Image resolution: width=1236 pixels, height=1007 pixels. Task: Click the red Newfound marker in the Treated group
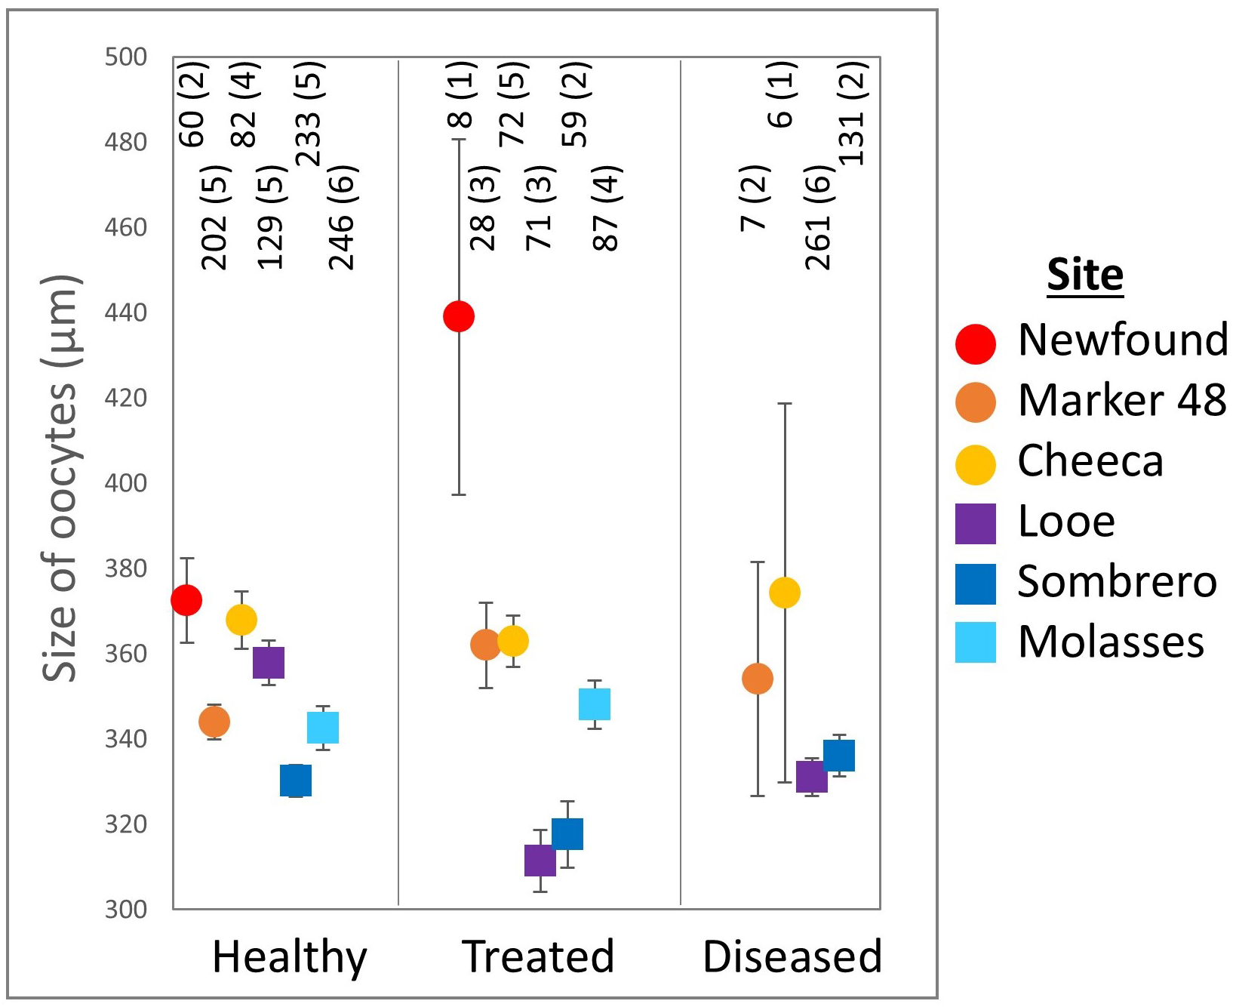[459, 316]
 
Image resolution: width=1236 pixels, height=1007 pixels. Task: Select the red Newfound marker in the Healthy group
[186, 600]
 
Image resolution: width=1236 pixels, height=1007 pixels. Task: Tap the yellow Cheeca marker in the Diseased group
[785, 593]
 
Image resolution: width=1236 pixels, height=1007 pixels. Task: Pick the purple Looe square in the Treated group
[540, 861]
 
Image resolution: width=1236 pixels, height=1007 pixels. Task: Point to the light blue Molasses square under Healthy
[323, 728]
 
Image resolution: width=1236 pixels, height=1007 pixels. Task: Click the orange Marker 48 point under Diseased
[758, 679]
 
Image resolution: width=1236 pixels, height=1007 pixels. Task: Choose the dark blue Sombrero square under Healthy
[296, 781]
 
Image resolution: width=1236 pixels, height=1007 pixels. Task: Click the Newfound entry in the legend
[1123, 340]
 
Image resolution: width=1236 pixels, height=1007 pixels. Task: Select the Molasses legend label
[1111, 642]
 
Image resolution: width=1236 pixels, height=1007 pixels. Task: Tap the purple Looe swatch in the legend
[976, 523]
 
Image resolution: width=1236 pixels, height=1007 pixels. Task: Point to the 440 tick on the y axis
[126, 313]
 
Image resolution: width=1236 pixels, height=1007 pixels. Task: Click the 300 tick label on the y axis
[126, 909]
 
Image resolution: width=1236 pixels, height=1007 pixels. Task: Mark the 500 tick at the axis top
[126, 57]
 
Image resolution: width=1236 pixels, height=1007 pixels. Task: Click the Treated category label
[538, 956]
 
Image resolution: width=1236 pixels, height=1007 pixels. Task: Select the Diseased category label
[792, 956]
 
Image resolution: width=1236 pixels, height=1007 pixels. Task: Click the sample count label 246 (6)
[342, 217]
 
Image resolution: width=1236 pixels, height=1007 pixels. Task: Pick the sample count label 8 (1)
[462, 94]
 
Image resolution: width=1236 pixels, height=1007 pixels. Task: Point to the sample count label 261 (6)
[819, 217]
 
